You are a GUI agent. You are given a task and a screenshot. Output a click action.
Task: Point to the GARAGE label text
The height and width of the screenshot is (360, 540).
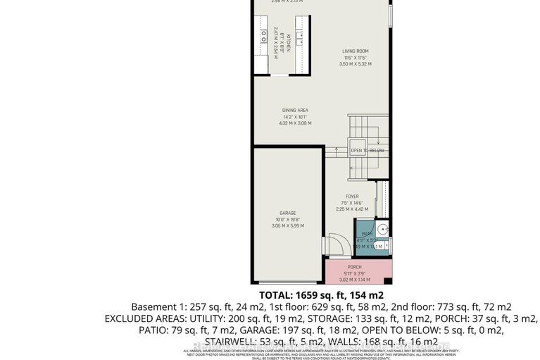[287, 212]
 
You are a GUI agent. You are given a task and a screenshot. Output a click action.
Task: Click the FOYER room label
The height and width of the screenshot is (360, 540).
[351, 197]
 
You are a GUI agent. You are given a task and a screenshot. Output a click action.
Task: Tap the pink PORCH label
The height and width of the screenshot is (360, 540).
[355, 267]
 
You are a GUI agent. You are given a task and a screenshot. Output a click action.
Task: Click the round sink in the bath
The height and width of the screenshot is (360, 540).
[382, 229]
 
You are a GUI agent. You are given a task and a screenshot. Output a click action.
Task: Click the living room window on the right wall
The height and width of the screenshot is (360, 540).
[390, 14]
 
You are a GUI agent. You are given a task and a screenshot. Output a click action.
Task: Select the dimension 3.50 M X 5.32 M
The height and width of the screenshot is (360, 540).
[355, 64]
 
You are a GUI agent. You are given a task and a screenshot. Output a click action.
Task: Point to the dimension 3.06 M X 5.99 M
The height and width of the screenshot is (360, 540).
[287, 226]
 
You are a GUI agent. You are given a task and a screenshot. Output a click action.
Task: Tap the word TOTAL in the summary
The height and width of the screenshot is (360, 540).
[280, 294]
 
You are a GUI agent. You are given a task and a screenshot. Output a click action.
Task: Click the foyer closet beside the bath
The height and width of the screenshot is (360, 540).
[382, 198]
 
